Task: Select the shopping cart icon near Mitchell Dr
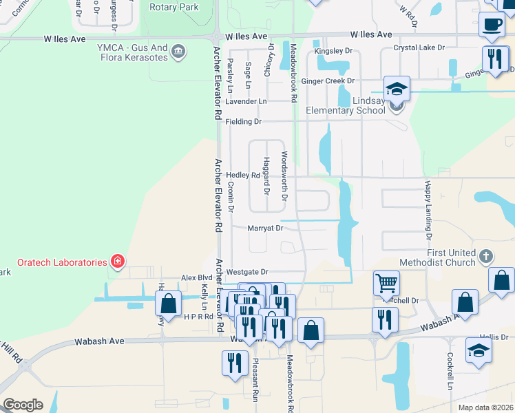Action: (x=386, y=282)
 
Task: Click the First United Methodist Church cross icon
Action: (x=485, y=257)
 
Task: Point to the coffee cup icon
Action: (x=492, y=25)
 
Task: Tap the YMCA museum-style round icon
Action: (x=178, y=52)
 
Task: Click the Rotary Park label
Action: (x=174, y=8)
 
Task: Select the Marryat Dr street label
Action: (x=266, y=229)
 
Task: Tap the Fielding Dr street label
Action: (x=244, y=122)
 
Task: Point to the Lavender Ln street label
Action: (x=246, y=101)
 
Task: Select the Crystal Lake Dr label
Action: (x=419, y=48)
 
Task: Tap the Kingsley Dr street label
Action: (x=333, y=51)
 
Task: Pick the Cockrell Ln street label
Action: (x=449, y=371)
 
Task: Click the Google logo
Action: (x=22, y=404)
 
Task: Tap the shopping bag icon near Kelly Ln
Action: (x=169, y=304)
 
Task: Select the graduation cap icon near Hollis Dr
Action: (x=479, y=350)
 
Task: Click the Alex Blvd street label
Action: (x=196, y=278)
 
